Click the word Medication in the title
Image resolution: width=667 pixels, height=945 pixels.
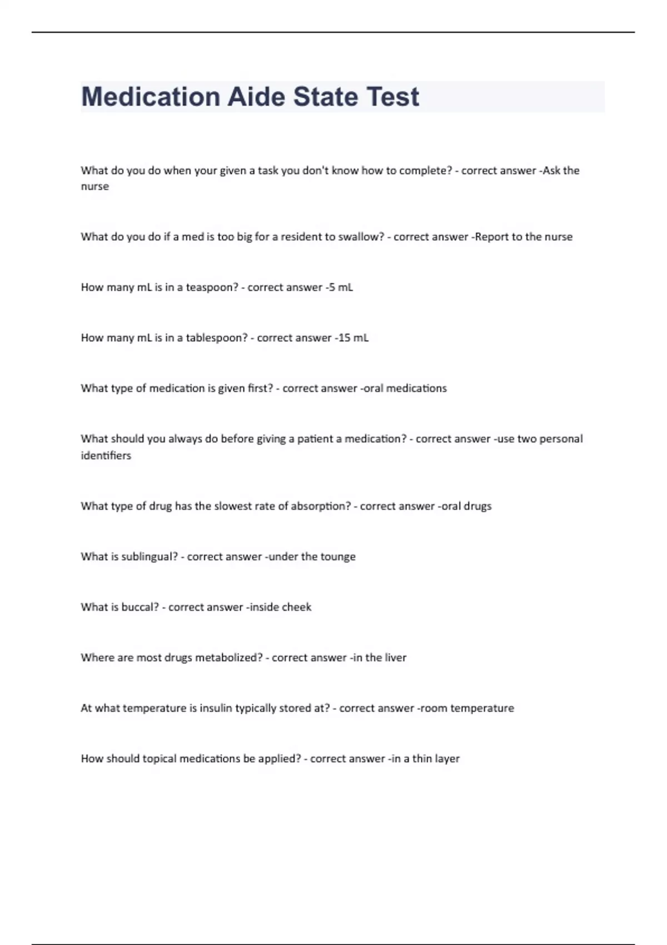point(150,97)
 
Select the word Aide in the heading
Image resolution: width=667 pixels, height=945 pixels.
point(256,97)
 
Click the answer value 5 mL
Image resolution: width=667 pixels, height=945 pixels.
point(341,287)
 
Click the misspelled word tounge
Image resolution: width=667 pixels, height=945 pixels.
point(338,556)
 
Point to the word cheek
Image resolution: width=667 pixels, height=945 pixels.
point(296,607)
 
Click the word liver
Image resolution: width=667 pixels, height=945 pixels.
point(395,658)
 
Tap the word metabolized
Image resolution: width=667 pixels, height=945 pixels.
point(228,658)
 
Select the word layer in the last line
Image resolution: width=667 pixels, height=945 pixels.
point(447,759)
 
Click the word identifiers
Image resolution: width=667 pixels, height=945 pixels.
point(106,455)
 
